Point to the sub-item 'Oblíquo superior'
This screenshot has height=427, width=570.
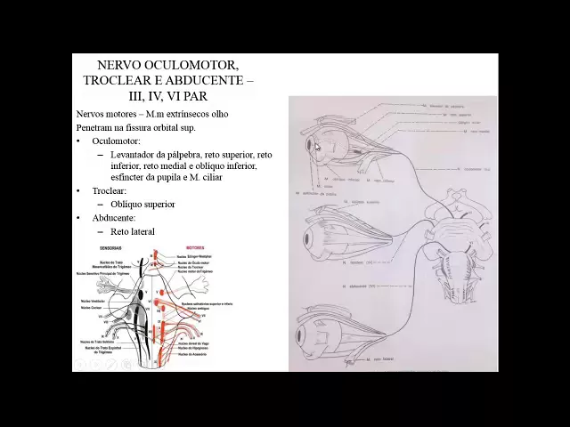pos(142,204)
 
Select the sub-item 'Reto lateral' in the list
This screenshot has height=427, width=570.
pos(132,231)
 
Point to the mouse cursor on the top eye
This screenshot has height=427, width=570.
pos(316,148)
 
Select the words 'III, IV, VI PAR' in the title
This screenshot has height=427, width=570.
pos(167,95)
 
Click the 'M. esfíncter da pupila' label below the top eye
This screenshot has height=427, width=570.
pos(316,193)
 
